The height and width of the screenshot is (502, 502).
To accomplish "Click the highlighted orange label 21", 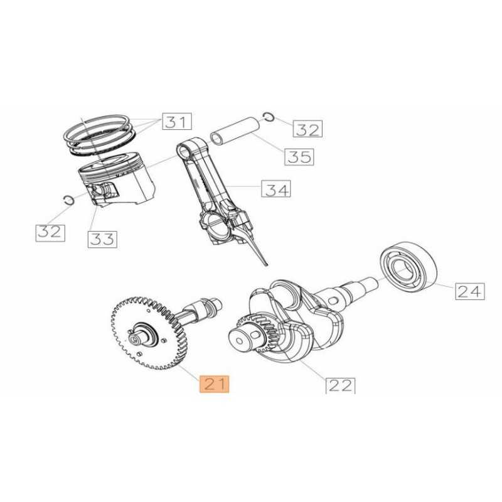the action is (x=214, y=383).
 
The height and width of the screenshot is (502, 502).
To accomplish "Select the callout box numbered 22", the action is (x=340, y=385).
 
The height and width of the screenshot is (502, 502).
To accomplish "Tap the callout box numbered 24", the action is (x=470, y=291).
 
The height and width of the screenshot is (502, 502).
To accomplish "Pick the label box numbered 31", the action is (x=177, y=121).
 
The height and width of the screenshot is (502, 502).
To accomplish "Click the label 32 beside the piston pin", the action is (x=307, y=129).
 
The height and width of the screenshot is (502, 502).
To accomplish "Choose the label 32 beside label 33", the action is (x=50, y=233).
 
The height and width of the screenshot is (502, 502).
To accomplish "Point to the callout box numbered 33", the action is (x=102, y=239).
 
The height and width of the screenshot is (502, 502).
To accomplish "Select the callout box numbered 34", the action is (x=276, y=189).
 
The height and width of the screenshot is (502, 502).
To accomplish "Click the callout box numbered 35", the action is (x=299, y=157).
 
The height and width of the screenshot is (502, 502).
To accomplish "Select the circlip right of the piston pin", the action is (x=269, y=117).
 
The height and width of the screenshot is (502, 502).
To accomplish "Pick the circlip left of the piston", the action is (x=68, y=200).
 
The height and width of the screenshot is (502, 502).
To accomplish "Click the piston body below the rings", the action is (x=117, y=181).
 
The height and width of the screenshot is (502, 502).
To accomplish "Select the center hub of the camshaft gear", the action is (x=145, y=334).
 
